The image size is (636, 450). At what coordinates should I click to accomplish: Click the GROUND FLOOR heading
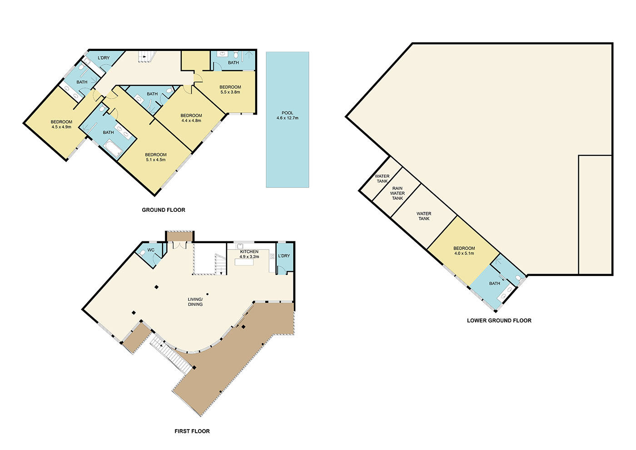click(x=163, y=210)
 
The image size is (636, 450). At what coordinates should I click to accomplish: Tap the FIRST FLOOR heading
click(x=192, y=431)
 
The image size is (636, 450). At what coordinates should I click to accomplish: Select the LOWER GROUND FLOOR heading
click(x=499, y=320)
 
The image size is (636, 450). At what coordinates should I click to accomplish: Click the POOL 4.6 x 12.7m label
click(x=287, y=115)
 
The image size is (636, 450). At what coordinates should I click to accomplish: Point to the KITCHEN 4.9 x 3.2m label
click(x=249, y=254)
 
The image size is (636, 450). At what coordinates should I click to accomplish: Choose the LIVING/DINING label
click(x=195, y=302)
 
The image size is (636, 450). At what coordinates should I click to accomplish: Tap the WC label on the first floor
click(x=151, y=250)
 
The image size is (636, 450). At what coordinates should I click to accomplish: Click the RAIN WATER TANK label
click(x=397, y=193)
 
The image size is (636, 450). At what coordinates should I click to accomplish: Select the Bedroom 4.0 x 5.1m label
click(x=464, y=250)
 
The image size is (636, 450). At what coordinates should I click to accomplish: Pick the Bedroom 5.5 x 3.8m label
click(x=230, y=90)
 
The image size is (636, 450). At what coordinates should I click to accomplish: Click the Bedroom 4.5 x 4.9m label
click(x=61, y=125)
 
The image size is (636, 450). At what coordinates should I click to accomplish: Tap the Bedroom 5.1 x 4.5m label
click(x=155, y=157)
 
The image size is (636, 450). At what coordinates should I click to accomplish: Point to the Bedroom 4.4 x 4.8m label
click(x=191, y=118)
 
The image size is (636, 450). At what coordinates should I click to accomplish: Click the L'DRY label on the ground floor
click(x=104, y=58)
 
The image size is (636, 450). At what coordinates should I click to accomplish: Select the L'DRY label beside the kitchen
click(x=284, y=255)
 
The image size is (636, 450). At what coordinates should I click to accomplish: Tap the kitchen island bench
click(x=244, y=262)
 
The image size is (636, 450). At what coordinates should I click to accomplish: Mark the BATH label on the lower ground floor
click(x=494, y=283)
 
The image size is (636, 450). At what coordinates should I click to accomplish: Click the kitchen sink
click(x=240, y=246)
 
